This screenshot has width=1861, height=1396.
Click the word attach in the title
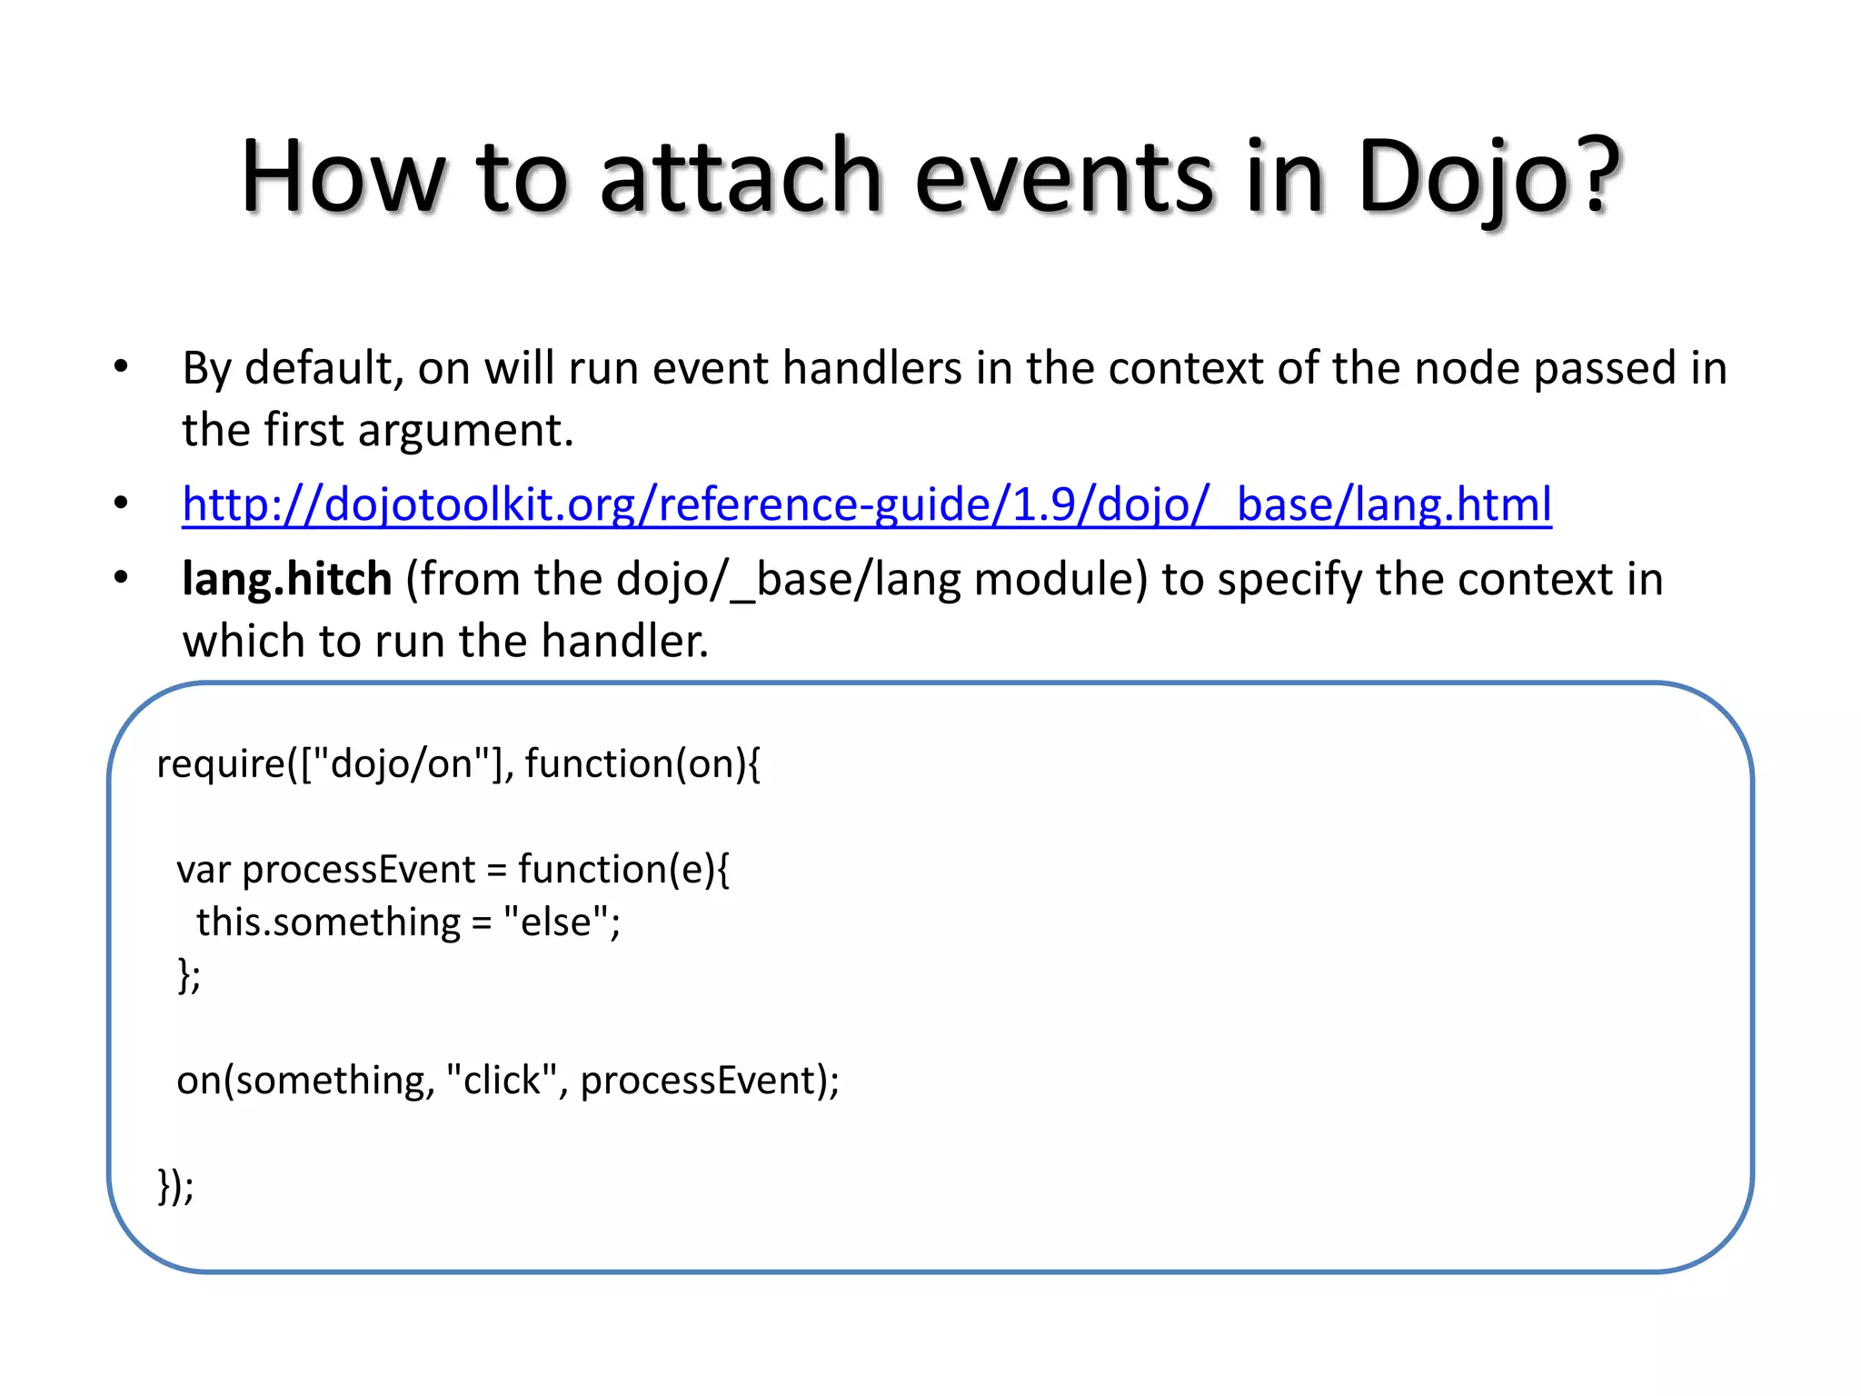(x=741, y=177)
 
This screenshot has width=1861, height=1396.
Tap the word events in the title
(x=1064, y=177)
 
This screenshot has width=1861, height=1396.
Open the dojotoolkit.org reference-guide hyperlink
(x=866, y=504)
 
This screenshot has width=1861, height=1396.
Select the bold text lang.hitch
(x=286, y=579)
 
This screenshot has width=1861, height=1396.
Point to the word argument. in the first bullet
(x=465, y=431)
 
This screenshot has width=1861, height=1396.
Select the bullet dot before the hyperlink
(x=121, y=504)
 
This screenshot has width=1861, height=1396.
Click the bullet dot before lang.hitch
(x=121, y=579)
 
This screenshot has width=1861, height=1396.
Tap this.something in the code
(x=328, y=922)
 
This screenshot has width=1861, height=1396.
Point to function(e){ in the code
(x=623, y=870)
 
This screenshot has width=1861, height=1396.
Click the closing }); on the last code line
(x=175, y=1186)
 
